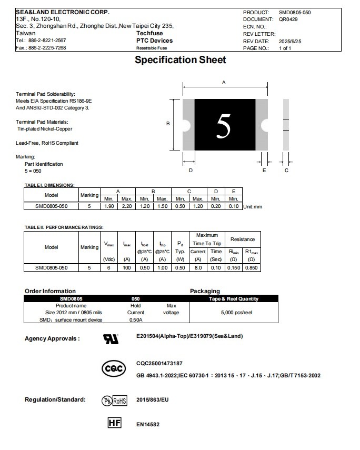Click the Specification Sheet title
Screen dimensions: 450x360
coord(180,60)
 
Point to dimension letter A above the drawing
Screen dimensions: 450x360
coord(224,83)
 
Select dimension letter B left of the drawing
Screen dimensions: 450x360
coord(168,124)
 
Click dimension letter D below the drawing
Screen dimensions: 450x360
coord(191,171)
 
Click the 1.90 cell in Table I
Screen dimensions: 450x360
coord(109,206)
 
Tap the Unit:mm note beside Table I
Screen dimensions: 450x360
coord(253,207)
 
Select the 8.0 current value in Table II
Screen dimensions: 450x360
coord(198,267)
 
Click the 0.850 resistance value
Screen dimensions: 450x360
coord(251,267)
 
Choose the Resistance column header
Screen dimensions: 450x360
coord(242,239)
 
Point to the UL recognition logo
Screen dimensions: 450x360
coord(111,339)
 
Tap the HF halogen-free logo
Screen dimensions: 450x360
coord(114,423)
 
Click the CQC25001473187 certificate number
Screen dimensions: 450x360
coord(159,364)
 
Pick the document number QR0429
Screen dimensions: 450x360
coord(288,19)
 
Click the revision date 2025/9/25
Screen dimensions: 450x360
coord(291,41)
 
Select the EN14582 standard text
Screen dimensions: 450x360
coord(148,424)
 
